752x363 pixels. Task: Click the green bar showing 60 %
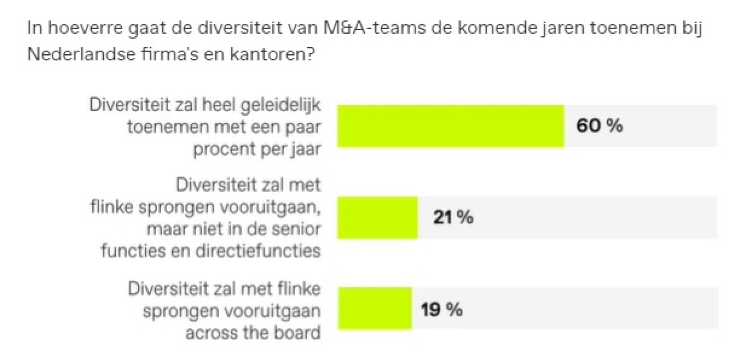pyautogui.click(x=451, y=126)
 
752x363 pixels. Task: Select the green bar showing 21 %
pyautogui.click(x=378, y=217)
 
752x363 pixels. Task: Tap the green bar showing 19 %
pyautogui.click(x=374, y=309)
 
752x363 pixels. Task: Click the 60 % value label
pyautogui.click(x=600, y=126)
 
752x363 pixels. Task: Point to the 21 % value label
pyautogui.click(x=453, y=217)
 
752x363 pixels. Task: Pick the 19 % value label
pyautogui.click(x=442, y=309)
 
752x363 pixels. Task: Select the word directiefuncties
pyautogui.click(x=257, y=251)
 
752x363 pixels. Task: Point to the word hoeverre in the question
pyautogui.click(x=79, y=29)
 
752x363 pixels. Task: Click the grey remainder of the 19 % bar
pyautogui.click(x=564, y=309)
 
